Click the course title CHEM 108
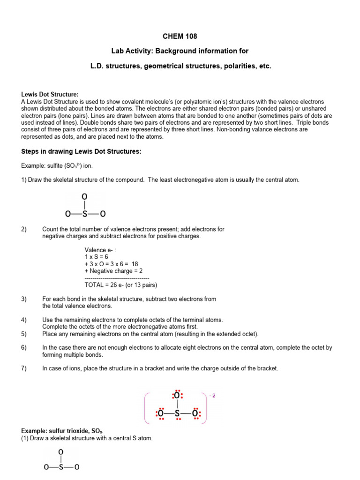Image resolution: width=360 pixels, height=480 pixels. tap(180, 36)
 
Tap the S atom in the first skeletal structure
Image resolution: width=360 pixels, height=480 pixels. tap(84, 214)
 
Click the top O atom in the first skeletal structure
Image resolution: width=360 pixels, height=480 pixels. tap(84, 196)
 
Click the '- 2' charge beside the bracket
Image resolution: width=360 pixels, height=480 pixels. tap(212, 395)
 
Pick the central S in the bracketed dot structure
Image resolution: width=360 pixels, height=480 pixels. tap(177, 414)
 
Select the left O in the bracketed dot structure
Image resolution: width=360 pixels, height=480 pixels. tap(161, 414)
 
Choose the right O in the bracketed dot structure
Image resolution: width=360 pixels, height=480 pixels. tap(195, 414)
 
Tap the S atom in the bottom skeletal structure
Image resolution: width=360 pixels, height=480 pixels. tap(60, 467)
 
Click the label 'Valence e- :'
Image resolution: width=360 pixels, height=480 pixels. tap(100, 250)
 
